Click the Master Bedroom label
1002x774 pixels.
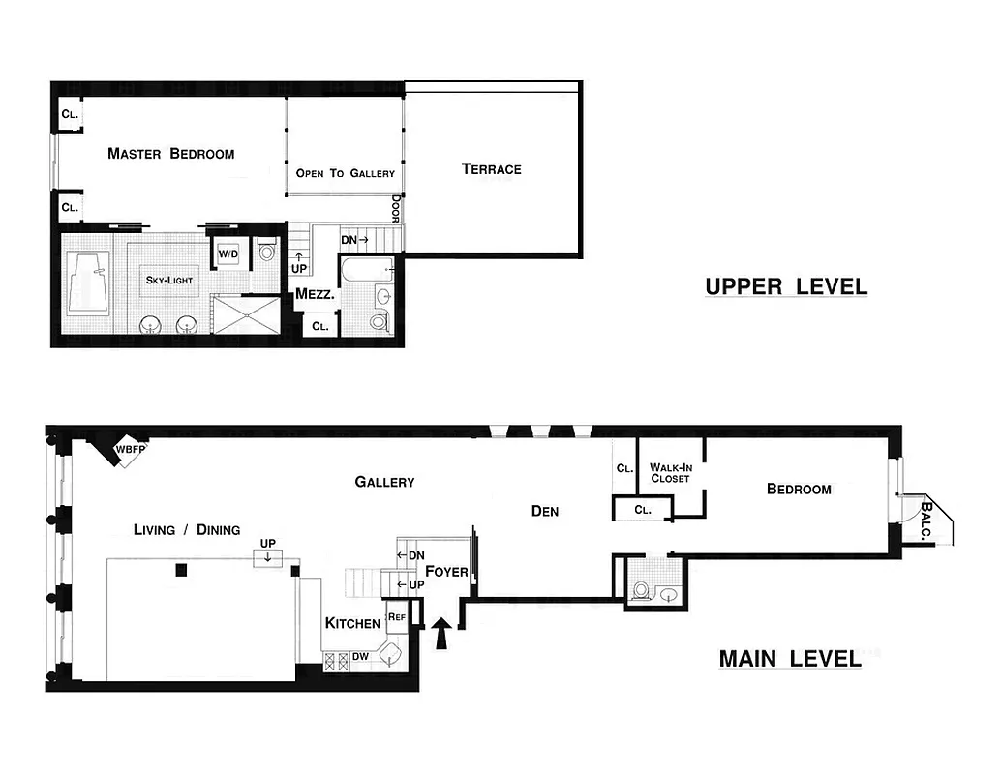click(170, 153)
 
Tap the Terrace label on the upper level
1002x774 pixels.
click(491, 169)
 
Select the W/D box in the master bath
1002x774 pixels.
click(228, 254)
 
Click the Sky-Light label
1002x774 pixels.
click(169, 280)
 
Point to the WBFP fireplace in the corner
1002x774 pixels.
click(124, 450)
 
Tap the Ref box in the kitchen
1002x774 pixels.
click(396, 616)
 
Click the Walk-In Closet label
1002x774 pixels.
click(670, 472)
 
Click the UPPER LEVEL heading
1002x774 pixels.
click(785, 286)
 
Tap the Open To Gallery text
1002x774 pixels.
click(345, 173)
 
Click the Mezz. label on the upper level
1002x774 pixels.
click(315, 294)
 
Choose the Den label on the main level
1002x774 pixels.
click(545, 511)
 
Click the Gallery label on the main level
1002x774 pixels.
click(384, 482)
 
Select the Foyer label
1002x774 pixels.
click(446, 571)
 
